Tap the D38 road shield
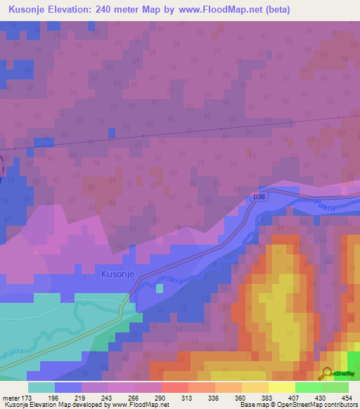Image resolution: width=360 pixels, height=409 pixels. click(259, 197)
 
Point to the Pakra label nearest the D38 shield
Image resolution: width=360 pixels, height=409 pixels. click(323, 206)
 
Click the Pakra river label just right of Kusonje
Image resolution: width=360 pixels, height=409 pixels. click(172, 282)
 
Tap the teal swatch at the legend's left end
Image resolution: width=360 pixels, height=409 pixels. click(41, 387)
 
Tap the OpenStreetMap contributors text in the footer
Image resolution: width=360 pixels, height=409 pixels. click(323, 405)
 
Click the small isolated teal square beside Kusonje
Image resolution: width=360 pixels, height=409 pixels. click(160, 288)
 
